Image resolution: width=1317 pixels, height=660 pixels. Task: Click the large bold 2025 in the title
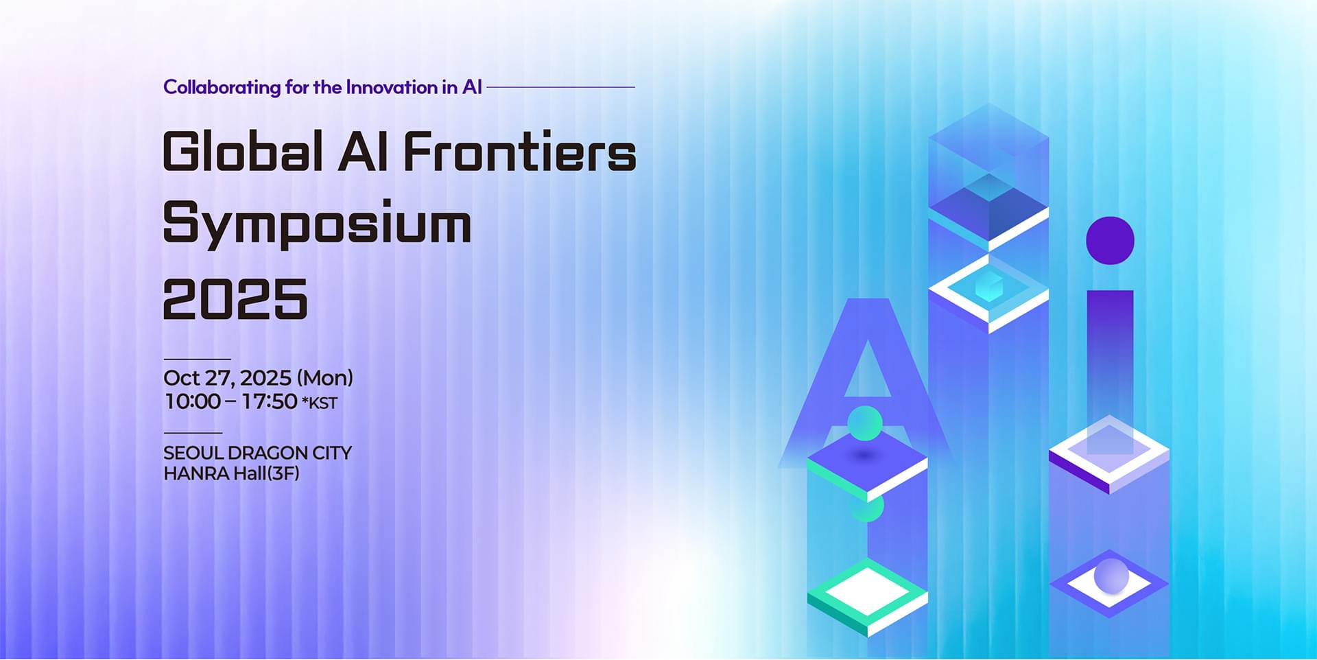(x=235, y=298)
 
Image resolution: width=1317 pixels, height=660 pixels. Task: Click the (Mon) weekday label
(x=324, y=378)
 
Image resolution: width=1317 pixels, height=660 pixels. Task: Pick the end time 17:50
(x=270, y=401)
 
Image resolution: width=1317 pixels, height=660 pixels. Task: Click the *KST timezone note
(x=320, y=403)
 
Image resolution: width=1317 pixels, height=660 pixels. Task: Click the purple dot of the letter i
(x=1110, y=241)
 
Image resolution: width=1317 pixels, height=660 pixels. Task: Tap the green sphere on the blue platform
(x=865, y=423)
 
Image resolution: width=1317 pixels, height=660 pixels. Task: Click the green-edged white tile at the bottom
(x=868, y=596)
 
